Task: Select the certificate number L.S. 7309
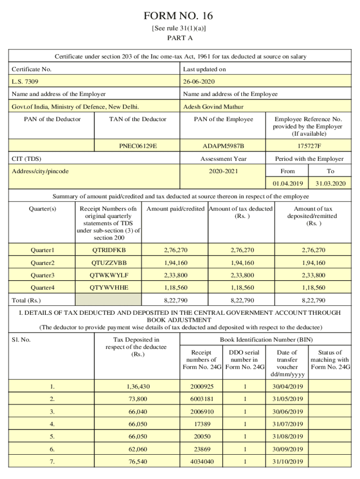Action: pyautogui.click(x=25, y=82)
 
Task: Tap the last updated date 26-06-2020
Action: pyautogui.click(x=199, y=82)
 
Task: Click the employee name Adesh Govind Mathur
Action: pyautogui.click(x=213, y=107)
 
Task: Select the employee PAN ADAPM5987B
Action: pyautogui.click(x=223, y=146)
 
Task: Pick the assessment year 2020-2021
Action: pyautogui.click(x=223, y=171)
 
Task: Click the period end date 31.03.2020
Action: pyautogui.click(x=331, y=183)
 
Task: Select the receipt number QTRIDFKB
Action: pyautogui.click(x=109, y=250)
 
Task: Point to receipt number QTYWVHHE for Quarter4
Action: pyautogui.click(x=109, y=288)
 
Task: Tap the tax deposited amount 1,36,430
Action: pyautogui.click(x=137, y=387)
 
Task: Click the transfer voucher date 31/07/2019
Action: pyautogui.click(x=287, y=424)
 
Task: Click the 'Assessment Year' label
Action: pyautogui.click(x=223, y=159)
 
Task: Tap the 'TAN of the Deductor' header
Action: pyautogui.click(x=137, y=119)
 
